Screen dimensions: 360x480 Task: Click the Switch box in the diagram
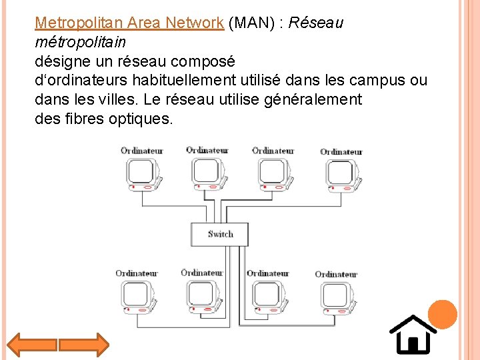220,234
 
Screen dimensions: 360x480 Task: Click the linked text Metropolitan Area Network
129,23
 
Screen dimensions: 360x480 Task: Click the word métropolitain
80,42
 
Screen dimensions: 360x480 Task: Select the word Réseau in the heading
318,23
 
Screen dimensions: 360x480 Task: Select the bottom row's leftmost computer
137,297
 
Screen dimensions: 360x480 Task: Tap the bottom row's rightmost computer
336,297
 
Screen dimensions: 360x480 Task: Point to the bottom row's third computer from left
267,297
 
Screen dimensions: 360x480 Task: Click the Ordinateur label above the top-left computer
141,151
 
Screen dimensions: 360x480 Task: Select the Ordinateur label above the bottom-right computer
336,274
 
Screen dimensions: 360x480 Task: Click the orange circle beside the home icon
442,315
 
